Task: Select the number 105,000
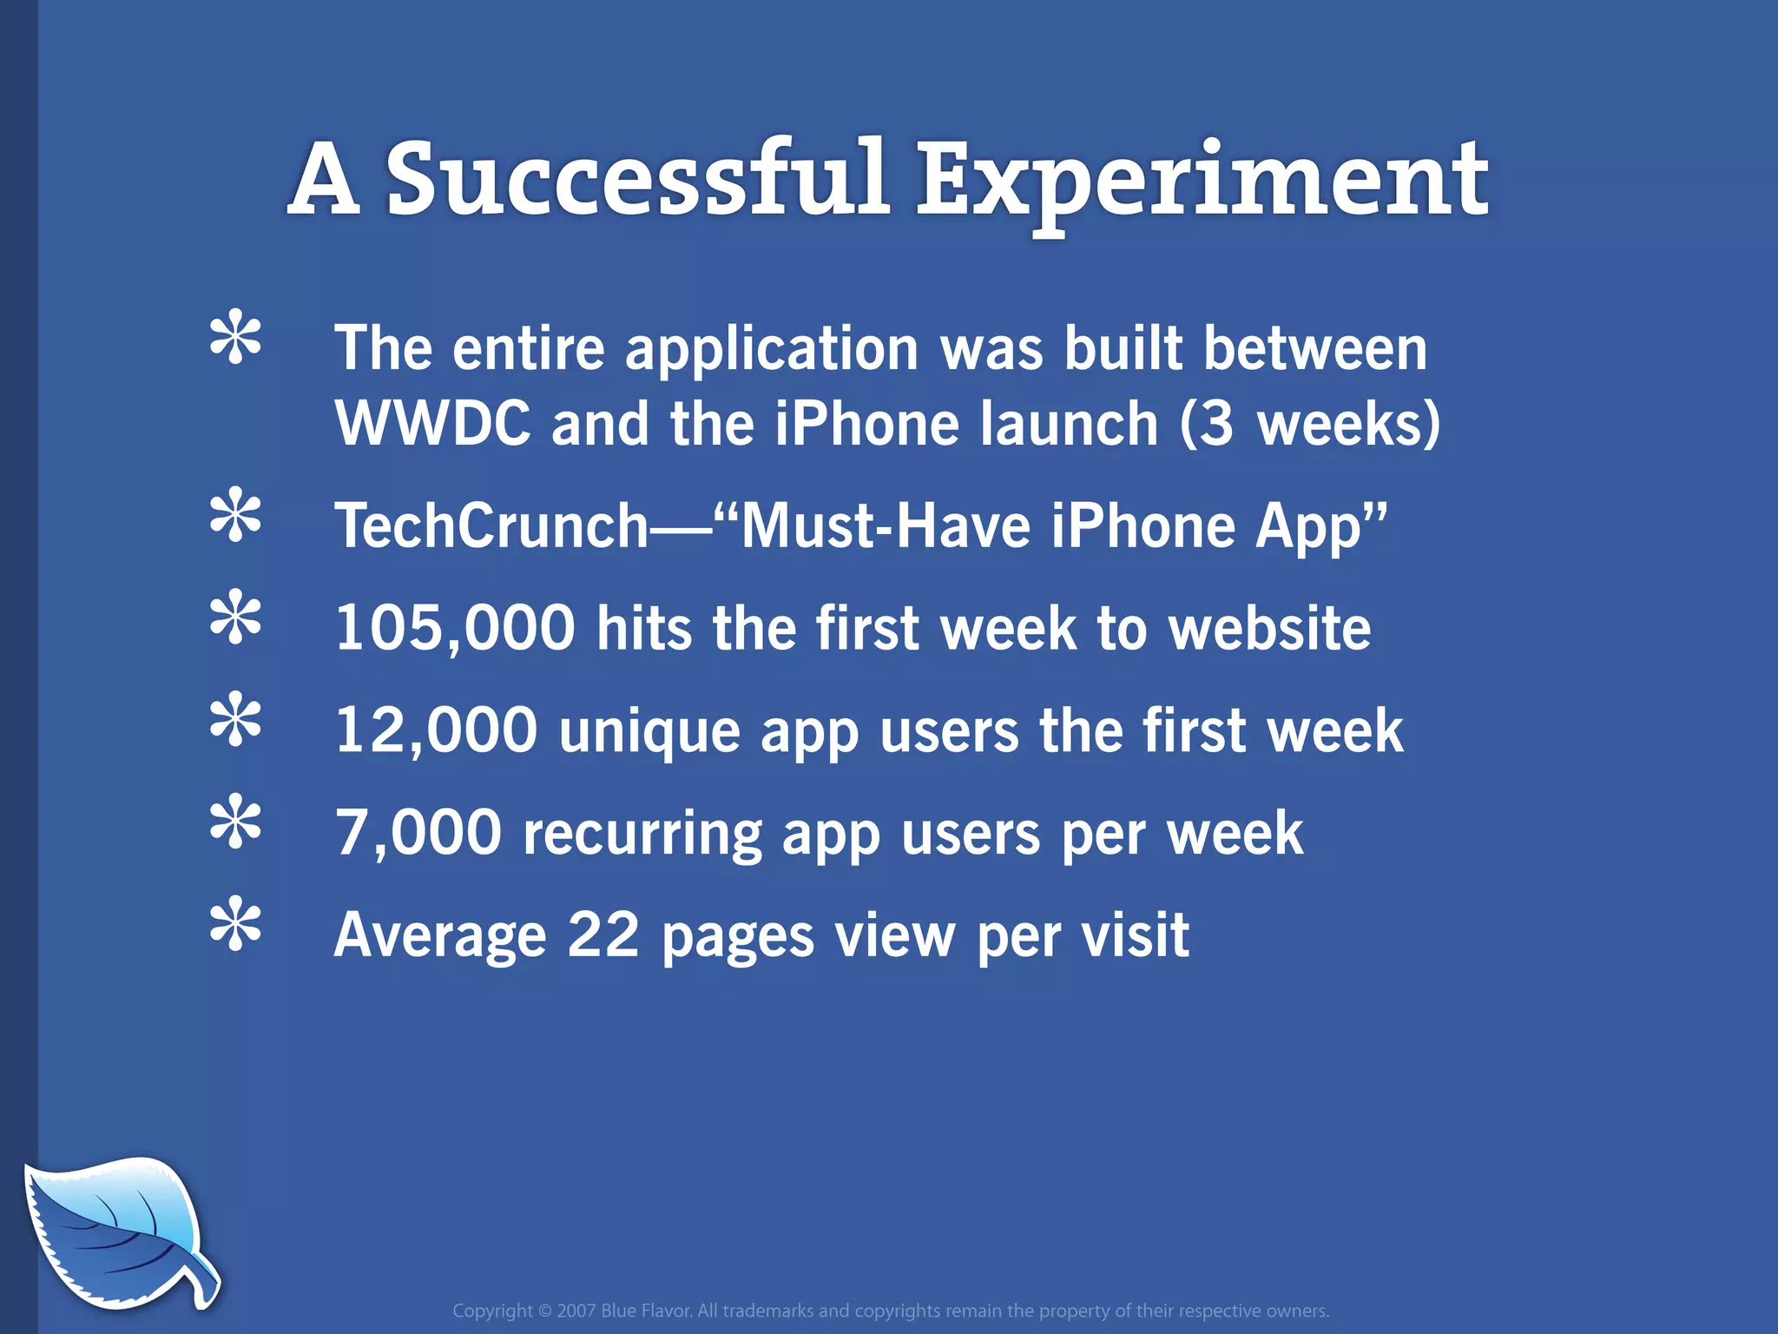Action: (455, 628)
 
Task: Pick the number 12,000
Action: (436, 730)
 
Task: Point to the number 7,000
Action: (418, 832)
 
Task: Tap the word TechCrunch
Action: (491, 526)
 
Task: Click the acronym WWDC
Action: (432, 424)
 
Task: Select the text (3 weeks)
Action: (1309, 424)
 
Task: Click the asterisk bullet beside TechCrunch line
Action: (235, 517)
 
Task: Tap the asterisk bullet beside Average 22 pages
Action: (235, 926)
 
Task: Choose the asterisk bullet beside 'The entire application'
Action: (235, 338)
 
